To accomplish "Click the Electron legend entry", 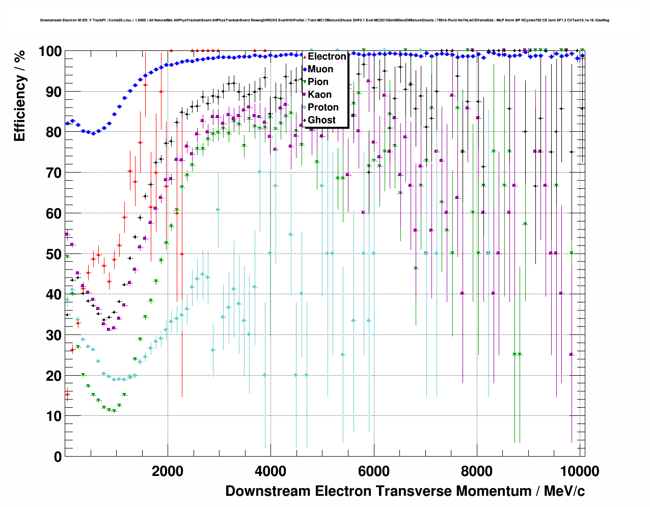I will (x=327, y=57).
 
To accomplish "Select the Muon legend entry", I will (x=320, y=69).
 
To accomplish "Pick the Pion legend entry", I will (x=318, y=82).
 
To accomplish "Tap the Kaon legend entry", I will (x=319, y=95).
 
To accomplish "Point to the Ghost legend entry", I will (x=321, y=120).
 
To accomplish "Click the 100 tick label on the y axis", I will (x=50, y=51).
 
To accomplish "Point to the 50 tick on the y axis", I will (x=54, y=254).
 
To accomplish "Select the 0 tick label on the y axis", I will (x=58, y=457).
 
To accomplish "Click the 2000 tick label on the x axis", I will (x=168, y=471).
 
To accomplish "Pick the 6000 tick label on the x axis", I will (x=373, y=471).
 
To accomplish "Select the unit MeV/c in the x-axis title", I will (x=564, y=491).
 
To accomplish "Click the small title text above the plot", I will (x=324, y=20).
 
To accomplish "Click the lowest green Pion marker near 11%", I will (x=114, y=411).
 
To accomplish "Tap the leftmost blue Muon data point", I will (x=67, y=123).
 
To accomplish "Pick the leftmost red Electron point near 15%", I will (x=67, y=394).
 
